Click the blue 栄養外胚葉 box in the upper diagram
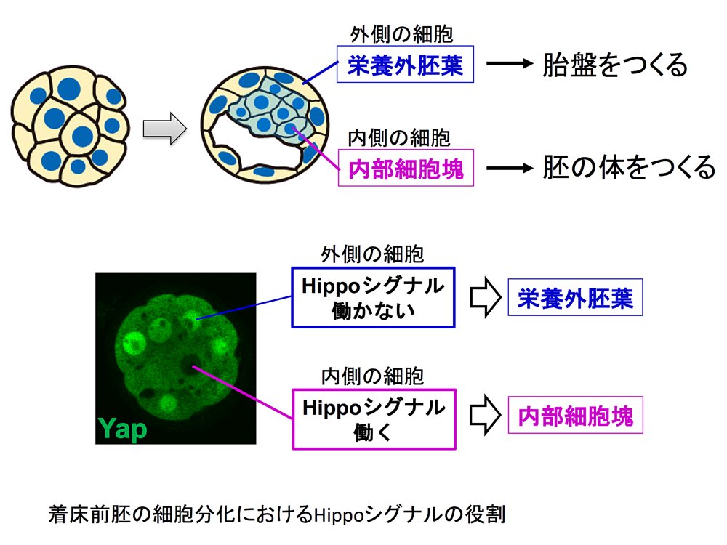[x=405, y=64]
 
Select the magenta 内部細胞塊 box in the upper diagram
[x=406, y=168]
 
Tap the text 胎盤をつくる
[x=615, y=65]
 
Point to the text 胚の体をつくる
[x=629, y=167]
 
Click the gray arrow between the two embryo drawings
[x=164, y=129]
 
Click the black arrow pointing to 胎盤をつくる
[x=510, y=63]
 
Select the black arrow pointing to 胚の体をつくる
[x=510, y=167]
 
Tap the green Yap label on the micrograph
[x=122, y=428]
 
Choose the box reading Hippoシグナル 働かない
[x=373, y=297]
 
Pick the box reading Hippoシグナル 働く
[x=374, y=419]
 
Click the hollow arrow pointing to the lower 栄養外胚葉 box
[x=486, y=297]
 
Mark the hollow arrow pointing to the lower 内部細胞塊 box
[x=486, y=415]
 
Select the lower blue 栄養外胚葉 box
[x=575, y=297]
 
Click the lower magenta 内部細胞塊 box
[x=575, y=415]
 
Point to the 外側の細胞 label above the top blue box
[x=401, y=34]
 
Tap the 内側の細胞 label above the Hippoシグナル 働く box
[x=372, y=376]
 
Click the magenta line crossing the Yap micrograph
[x=243, y=392]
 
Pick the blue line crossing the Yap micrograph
[x=244, y=307]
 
